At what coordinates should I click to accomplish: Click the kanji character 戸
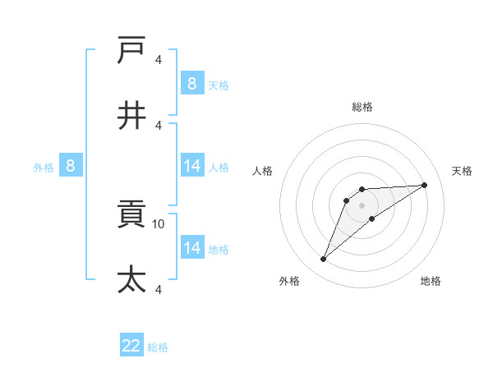click(132, 51)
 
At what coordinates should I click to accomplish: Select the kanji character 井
click(132, 116)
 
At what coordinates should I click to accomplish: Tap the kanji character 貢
click(132, 216)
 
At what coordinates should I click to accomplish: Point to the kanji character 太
click(132, 280)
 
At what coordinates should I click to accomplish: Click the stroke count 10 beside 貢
click(159, 224)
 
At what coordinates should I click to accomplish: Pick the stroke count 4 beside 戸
click(158, 60)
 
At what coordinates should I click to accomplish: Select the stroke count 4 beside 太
click(158, 289)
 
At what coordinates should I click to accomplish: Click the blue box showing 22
click(131, 346)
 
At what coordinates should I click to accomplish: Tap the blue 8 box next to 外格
click(71, 167)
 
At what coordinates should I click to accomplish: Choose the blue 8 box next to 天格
click(191, 84)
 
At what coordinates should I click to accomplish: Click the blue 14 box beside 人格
click(192, 166)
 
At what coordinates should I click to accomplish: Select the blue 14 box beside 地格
click(192, 248)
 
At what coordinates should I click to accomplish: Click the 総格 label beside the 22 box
click(158, 347)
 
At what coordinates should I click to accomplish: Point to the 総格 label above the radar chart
click(362, 107)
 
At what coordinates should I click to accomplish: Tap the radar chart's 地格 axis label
click(431, 282)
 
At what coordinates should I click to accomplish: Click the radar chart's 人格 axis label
click(263, 171)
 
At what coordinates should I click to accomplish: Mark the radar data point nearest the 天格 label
click(424, 185)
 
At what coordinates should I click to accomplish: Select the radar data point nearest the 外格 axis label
click(324, 260)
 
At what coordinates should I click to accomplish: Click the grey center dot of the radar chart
click(362, 204)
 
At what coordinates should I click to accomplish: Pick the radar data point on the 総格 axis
click(362, 190)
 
